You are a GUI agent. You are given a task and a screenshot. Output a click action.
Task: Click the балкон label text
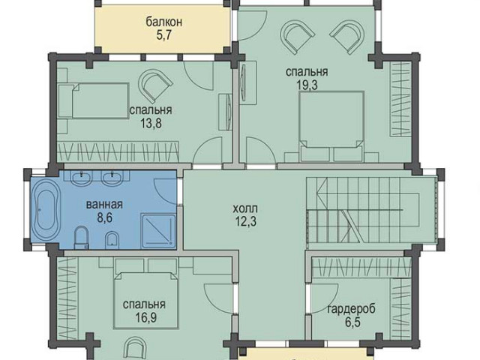[164, 22]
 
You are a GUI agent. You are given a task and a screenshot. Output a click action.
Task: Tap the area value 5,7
[163, 35]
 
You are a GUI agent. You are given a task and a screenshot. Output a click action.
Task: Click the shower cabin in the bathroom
[158, 231]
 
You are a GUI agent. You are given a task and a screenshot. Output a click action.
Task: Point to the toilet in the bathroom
[81, 238]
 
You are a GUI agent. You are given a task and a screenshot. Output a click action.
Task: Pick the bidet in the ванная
[112, 240]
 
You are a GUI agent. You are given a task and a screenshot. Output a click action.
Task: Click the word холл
[245, 208]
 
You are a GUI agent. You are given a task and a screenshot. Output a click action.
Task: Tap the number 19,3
[307, 85]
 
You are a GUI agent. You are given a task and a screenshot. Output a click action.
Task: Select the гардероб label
[351, 309]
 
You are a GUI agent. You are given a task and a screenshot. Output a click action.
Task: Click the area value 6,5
[352, 322]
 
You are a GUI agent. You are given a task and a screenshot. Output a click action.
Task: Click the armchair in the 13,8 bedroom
[155, 85]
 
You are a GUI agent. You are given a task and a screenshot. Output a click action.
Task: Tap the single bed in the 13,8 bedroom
[93, 100]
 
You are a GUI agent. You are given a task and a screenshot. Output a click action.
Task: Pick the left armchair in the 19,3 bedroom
[298, 37]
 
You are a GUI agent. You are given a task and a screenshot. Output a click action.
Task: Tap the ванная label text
[104, 205]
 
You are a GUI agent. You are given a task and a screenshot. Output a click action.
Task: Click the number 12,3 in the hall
[245, 222]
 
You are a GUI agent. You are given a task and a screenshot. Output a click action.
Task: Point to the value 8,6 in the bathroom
[105, 218]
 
